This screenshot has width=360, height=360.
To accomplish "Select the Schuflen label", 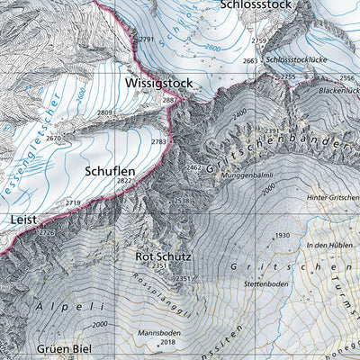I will tap(110, 168).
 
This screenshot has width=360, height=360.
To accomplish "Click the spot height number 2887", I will tap(169, 101).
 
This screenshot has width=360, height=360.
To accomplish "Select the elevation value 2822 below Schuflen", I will tap(125, 181).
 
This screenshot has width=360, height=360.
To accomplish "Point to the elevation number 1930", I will tap(283, 236).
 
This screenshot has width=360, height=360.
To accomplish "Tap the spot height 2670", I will tap(53, 139).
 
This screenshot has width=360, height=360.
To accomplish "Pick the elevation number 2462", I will tap(193, 167).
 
